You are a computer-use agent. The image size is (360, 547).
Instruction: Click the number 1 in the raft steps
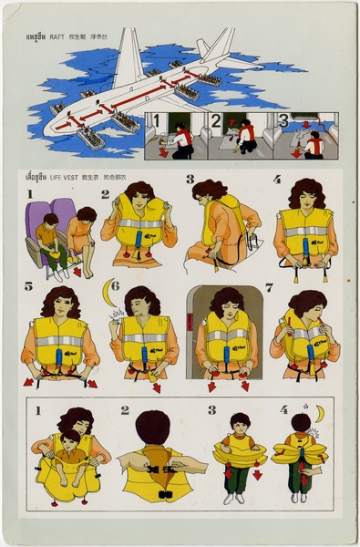pyautogui.click(x=156, y=120)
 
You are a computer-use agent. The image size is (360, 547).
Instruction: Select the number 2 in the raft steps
pyautogui.click(x=215, y=119)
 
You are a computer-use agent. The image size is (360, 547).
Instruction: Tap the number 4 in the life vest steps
pyautogui.click(x=276, y=180)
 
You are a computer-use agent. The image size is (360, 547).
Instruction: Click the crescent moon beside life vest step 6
pyautogui.click(x=109, y=293)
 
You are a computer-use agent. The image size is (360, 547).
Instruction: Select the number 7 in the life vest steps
pyautogui.click(x=268, y=287)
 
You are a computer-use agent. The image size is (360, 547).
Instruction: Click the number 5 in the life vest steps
pyautogui.click(x=28, y=286)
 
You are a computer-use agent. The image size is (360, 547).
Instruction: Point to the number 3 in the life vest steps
pyautogui.click(x=190, y=180)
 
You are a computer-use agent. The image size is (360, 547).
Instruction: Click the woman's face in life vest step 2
pyautogui.click(x=139, y=200)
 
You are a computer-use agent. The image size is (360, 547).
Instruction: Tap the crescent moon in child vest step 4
pyautogui.click(x=319, y=413)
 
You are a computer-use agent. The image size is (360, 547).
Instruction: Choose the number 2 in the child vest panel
pyautogui.click(x=125, y=410)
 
